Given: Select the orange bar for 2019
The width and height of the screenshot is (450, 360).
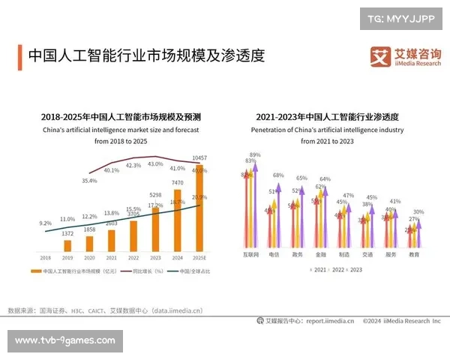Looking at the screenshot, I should tap(67, 244).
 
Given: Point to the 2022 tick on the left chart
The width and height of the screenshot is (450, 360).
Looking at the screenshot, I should tap(133, 256).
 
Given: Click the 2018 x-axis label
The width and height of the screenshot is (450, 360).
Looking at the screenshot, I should tap(46, 256).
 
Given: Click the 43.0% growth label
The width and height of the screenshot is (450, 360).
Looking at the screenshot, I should tap(155, 163).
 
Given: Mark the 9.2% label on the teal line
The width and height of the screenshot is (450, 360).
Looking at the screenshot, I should tap(46, 223).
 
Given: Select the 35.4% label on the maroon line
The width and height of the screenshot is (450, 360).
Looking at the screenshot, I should tap(89, 181).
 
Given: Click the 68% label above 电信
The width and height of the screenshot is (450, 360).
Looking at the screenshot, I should tap(278, 175).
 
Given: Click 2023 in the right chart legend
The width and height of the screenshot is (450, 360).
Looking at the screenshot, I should tap(355, 269).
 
